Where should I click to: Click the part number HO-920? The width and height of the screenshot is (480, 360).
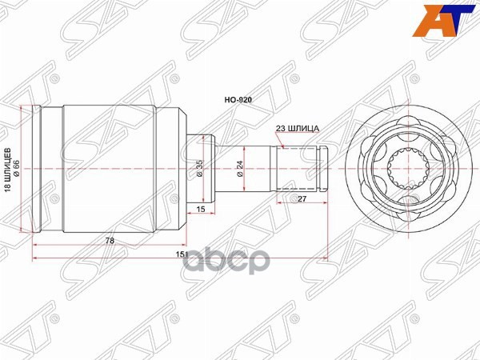pos(240,102)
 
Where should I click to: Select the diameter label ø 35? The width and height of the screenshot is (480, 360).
pos(201,169)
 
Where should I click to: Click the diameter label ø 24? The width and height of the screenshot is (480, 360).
pos(240,168)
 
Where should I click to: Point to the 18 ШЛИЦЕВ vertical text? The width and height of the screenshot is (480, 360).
pos(8,170)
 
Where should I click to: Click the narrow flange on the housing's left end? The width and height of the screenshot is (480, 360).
pos(47,169)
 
